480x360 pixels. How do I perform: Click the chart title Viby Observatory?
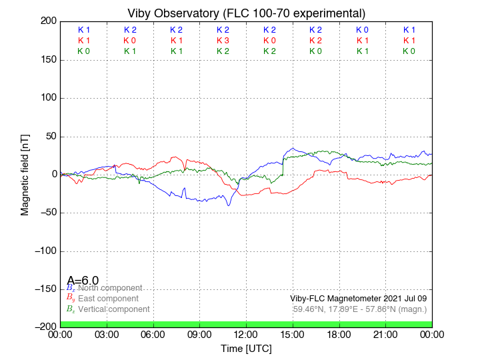(246, 13)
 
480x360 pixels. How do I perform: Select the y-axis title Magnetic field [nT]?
(25, 173)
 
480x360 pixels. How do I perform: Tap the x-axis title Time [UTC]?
(246, 349)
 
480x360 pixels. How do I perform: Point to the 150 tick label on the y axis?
(47, 60)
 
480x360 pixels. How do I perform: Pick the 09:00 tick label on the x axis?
(199, 335)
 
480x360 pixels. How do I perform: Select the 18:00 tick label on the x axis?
(339, 335)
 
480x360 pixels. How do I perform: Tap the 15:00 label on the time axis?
(292, 335)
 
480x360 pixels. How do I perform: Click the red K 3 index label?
(223, 41)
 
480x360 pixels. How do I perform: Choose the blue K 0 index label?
(362, 30)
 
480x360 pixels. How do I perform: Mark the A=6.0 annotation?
(83, 280)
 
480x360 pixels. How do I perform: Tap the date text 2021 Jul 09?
(402, 299)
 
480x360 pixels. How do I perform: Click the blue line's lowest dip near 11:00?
(229, 205)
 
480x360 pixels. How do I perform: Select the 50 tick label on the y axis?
(49, 137)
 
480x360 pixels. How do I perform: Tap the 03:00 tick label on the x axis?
(107, 335)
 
